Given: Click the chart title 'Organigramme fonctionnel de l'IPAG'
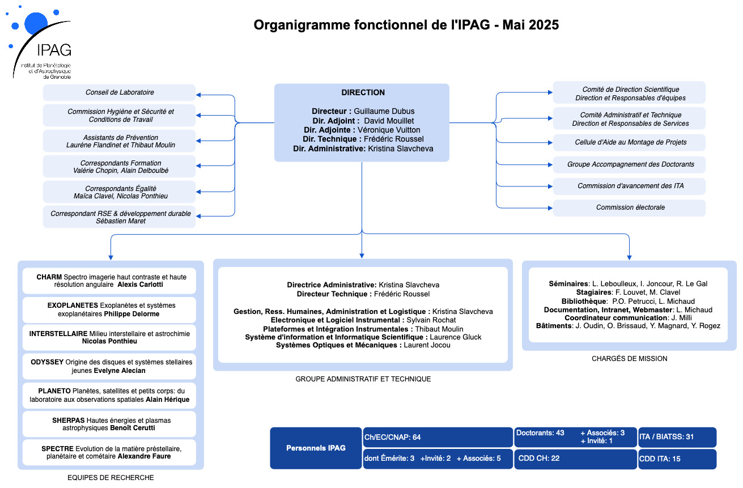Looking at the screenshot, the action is coord(372,25).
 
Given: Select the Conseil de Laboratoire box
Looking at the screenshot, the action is coord(120,92).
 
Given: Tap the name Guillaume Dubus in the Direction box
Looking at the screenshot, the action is coord(384,111).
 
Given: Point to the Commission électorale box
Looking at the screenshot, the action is coord(629,208).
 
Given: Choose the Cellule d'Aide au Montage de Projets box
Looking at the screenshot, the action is coord(629,143).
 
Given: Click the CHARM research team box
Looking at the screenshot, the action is coord(109,281).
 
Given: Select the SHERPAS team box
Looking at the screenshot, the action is coord(109,424).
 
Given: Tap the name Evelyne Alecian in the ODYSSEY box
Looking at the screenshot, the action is coord(120,371).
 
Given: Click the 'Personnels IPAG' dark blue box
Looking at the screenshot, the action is coord(316,448).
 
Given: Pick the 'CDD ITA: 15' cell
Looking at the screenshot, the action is coord(677,459).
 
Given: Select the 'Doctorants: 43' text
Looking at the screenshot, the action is coord(540,433).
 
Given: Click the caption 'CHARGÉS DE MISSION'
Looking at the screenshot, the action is coord(629,359).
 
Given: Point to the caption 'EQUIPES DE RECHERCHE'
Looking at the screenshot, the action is coord(111,478).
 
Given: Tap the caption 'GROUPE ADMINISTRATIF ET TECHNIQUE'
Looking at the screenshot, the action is coord(363,379).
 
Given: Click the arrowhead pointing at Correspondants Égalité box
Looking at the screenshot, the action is coord(198,192).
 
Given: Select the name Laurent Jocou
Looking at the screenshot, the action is coord(427,345).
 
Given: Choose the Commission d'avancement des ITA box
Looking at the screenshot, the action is coord(629,186).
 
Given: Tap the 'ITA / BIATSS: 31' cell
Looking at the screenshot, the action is coord(677,437).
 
